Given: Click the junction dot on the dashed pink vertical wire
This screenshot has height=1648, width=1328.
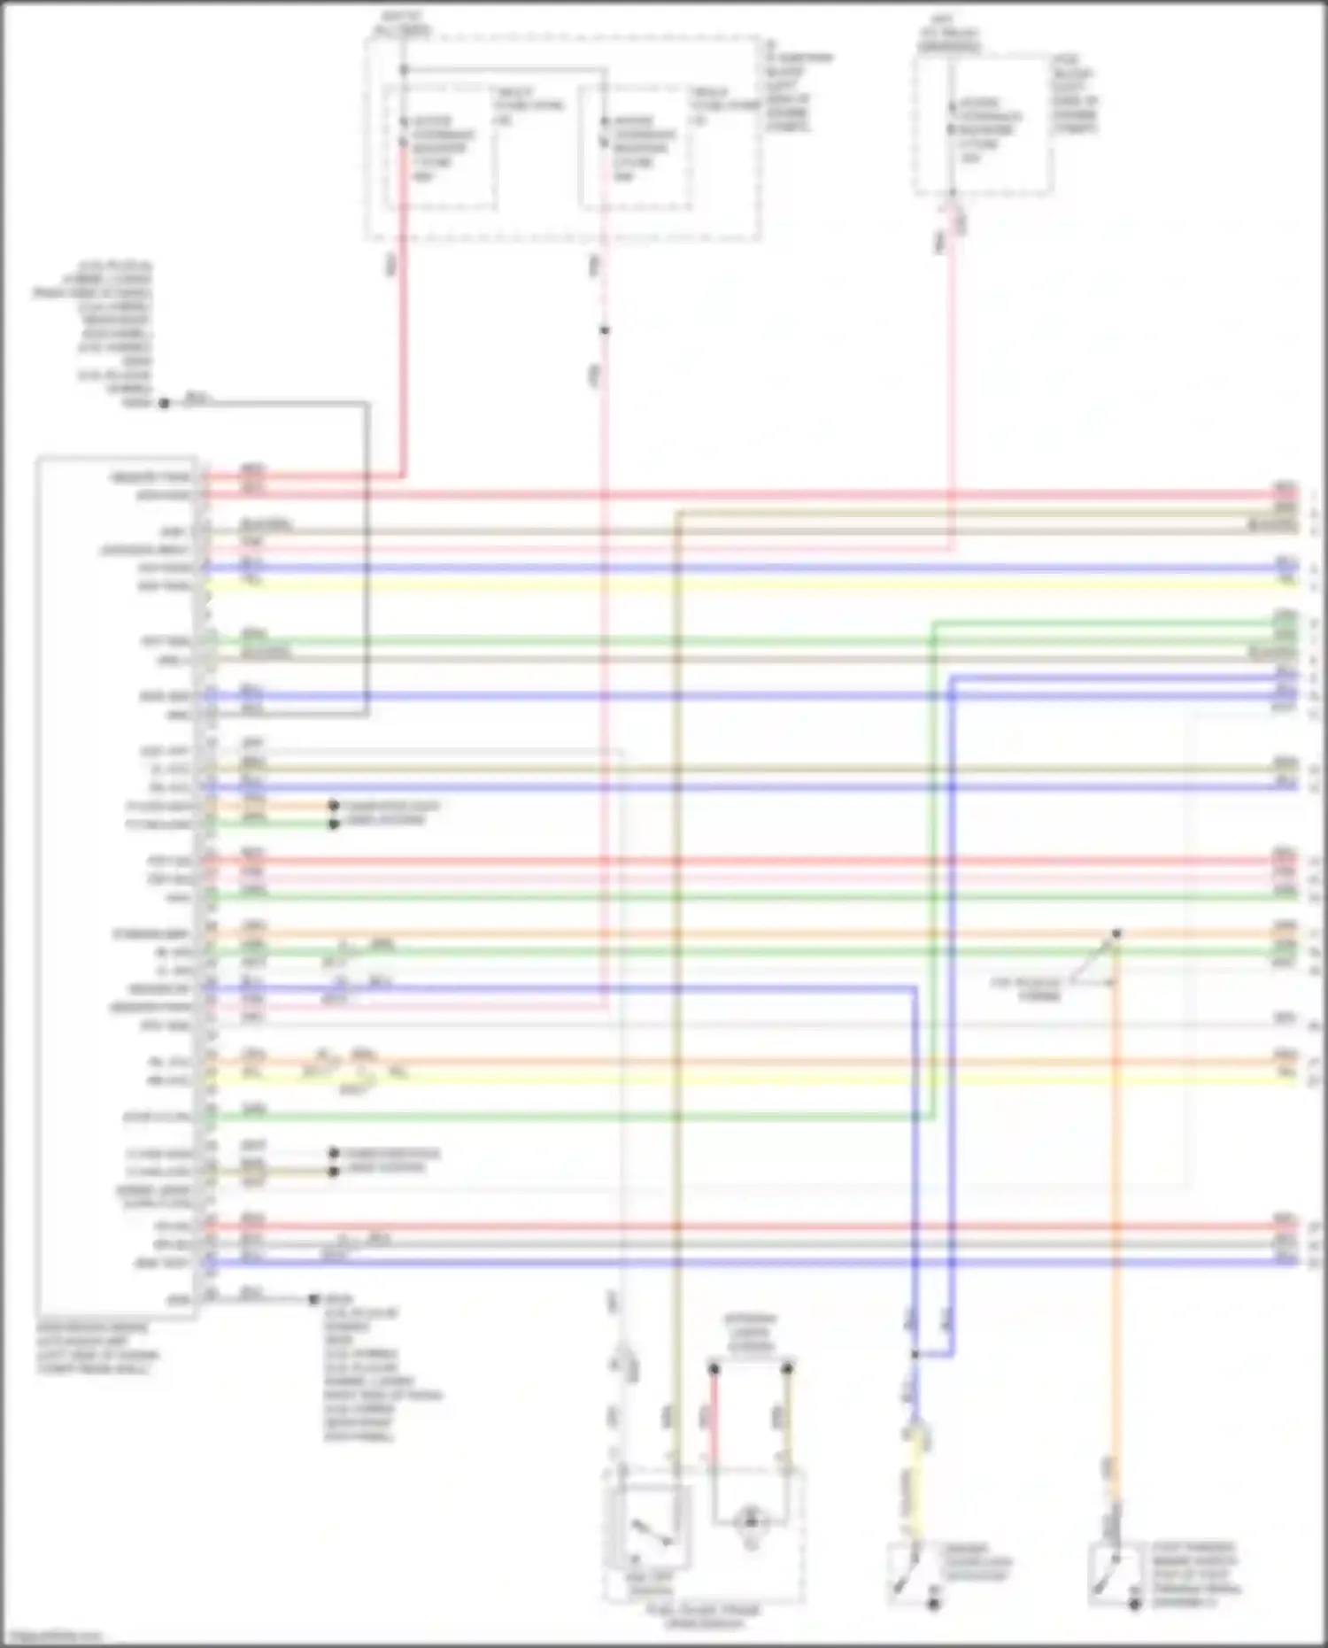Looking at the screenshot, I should pos(605,330).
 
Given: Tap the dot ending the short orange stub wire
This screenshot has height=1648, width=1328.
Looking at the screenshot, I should pos(334,806).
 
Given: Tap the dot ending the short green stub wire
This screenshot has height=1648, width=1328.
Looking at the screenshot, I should pos(334,824).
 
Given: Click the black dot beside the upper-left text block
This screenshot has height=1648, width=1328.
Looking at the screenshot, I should pos(164,403).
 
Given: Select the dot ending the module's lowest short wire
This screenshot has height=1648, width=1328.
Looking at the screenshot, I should pos(313,1299).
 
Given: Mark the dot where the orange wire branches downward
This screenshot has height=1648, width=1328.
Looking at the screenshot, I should pos(1116,933).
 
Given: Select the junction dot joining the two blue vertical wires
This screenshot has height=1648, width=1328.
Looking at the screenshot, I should pos(915,1354).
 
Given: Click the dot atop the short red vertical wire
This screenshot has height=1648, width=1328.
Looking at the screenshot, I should pos(714,1369).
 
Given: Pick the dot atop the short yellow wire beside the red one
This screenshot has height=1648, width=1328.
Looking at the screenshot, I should pos(786,1369).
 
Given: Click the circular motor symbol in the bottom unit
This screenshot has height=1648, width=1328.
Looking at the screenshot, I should pos(751,1520).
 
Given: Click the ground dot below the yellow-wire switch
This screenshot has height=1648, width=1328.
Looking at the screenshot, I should pos(933,1604).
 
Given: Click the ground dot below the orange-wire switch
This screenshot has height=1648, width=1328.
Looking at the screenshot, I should pos(1135,1604).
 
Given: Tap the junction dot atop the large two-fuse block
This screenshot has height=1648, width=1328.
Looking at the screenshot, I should pos(403,69).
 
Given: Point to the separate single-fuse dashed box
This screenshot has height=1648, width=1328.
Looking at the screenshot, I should pos(983,124).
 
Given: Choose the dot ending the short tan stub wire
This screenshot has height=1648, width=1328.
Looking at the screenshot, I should pos(334,1172).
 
